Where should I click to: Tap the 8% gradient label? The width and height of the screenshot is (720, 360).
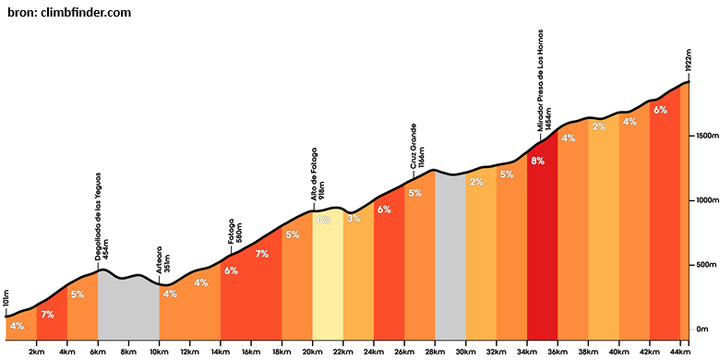coord(538,161)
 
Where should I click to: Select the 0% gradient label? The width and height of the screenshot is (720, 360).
coord(323,220)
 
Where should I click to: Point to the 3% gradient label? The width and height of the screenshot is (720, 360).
coord(354,219)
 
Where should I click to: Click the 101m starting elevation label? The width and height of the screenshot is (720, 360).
coord(6,299)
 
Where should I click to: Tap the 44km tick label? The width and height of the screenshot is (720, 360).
coord(680,352)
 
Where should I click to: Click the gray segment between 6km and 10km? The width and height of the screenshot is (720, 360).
coord(128,307)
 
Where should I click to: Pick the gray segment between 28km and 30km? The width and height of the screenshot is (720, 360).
coord(450,258)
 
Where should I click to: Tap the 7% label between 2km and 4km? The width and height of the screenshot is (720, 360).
coord(47,315)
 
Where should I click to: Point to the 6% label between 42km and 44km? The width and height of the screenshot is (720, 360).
coord(660,110)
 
